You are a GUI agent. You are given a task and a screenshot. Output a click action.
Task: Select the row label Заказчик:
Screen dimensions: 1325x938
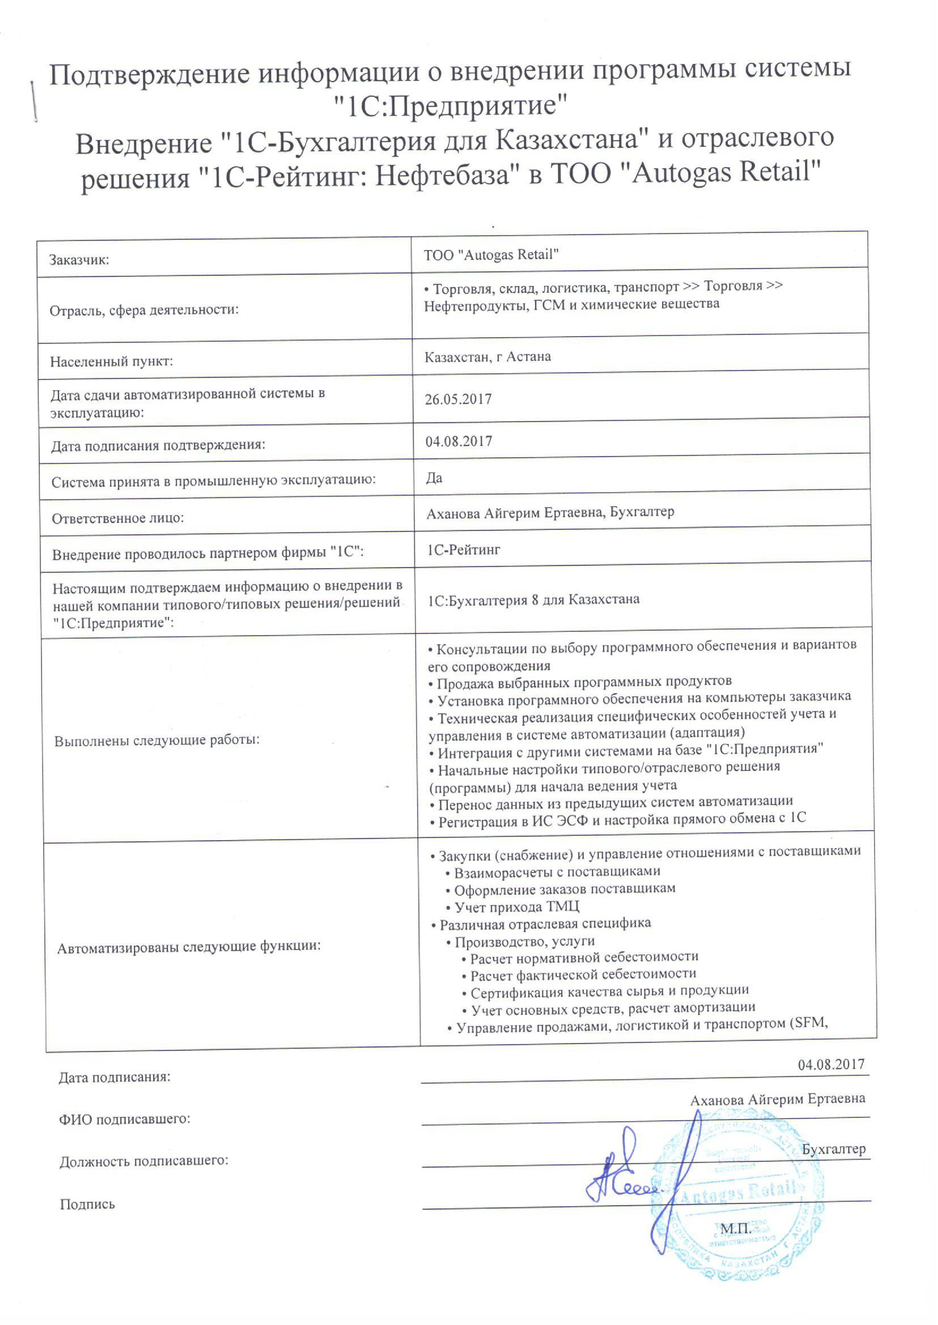[79, 260]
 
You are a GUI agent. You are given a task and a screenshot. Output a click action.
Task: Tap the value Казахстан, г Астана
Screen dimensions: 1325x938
[487, 357]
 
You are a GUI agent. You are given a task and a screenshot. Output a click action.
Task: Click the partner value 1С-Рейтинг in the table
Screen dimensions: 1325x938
[463, 550]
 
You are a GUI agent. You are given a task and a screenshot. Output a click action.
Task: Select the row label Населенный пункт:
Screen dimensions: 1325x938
[111, 362]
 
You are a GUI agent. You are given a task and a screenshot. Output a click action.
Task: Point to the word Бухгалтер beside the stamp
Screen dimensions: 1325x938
[833, 1149]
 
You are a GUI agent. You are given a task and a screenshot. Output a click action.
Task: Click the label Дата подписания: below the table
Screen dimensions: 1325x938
[114, 1077]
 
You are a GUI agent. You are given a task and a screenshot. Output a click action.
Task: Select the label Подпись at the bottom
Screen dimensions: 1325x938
[87, 1205]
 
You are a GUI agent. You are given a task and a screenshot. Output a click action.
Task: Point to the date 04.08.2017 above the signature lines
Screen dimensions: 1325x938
[831, 1064]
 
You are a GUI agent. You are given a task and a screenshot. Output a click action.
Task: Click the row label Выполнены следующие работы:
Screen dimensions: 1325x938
[156, 741]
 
